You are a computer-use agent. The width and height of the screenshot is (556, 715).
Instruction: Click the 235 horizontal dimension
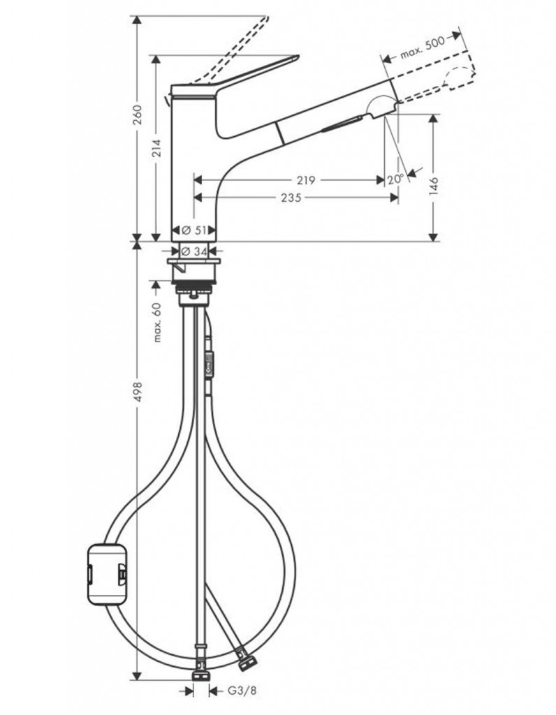(291, 198)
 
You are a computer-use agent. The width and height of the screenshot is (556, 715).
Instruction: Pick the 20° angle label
(396, 179)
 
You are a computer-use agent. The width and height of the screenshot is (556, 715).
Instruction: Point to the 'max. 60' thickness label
(158, 322)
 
